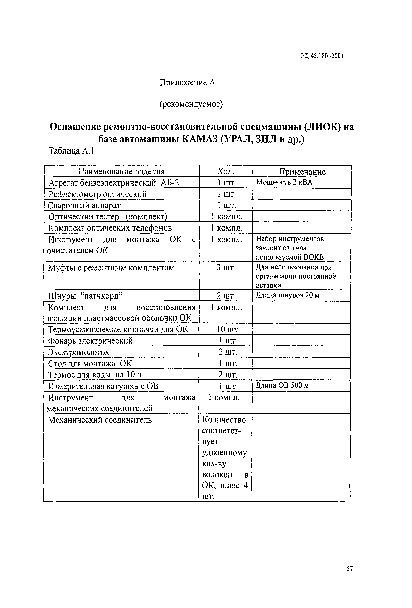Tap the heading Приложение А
pos(187,83)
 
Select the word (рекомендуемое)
pos(191,104)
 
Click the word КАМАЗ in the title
pos(200,139)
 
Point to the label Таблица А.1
pos(71,151)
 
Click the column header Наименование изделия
pos(121,171)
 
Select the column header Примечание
pos(302,172)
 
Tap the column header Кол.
pos(226,171)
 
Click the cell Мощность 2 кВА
pos(284,182)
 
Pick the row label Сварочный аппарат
pos(84,206)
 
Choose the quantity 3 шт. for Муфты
pos(226,268)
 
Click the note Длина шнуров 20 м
pos(287,295)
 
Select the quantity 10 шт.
pos(228,329)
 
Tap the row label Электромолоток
pos(79,352)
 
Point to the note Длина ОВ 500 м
pos(282,385)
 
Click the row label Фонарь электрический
pos(91,341)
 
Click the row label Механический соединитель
pos(100,420)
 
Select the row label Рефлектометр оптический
pos(97,194)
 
